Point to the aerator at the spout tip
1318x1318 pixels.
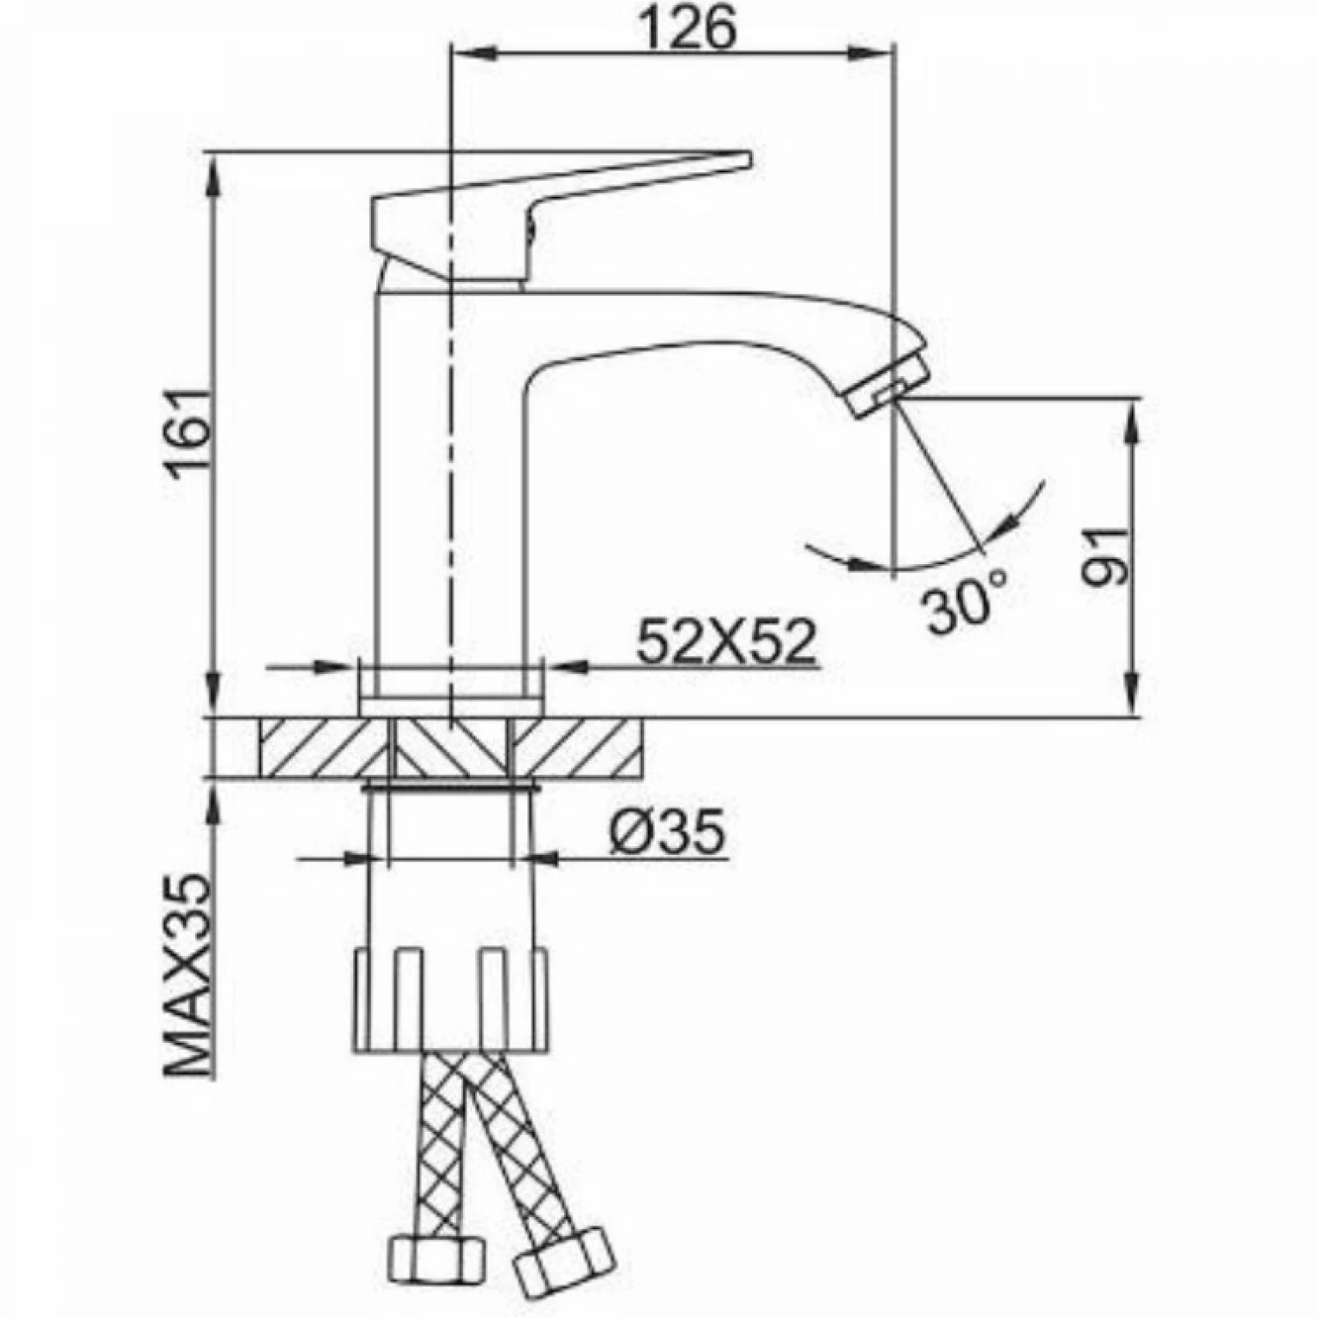click(x=889, y=381)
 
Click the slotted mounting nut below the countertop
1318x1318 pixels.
click(x=450, y=1000)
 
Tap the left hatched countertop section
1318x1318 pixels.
click(x=323, y=748)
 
